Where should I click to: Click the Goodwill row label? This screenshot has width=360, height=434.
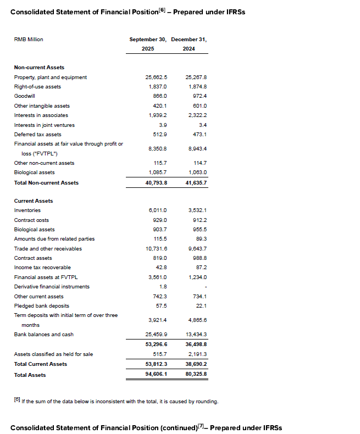(25, 96)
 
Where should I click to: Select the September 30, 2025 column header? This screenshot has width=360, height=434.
(148, 44)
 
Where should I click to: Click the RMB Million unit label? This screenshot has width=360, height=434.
(29, 40)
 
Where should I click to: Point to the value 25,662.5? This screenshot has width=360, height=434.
(156, 77)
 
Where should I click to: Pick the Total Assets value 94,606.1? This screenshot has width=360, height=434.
(156, 375)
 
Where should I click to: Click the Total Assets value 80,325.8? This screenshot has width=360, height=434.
(196, 375)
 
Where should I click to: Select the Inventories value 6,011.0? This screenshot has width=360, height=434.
(158, 210)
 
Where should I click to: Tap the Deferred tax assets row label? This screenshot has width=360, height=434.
(37, 134)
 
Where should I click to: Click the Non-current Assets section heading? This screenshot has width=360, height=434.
(39, 68)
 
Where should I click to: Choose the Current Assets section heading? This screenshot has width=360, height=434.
(34, 201)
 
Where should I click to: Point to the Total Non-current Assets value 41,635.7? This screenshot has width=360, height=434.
(196, 183)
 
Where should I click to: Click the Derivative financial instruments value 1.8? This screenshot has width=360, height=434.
(163, 287)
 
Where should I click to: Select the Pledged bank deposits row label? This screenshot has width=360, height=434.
(37, 305)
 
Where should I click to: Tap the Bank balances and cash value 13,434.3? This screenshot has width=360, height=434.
(197, 335)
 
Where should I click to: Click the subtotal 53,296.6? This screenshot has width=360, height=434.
(156, 344)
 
